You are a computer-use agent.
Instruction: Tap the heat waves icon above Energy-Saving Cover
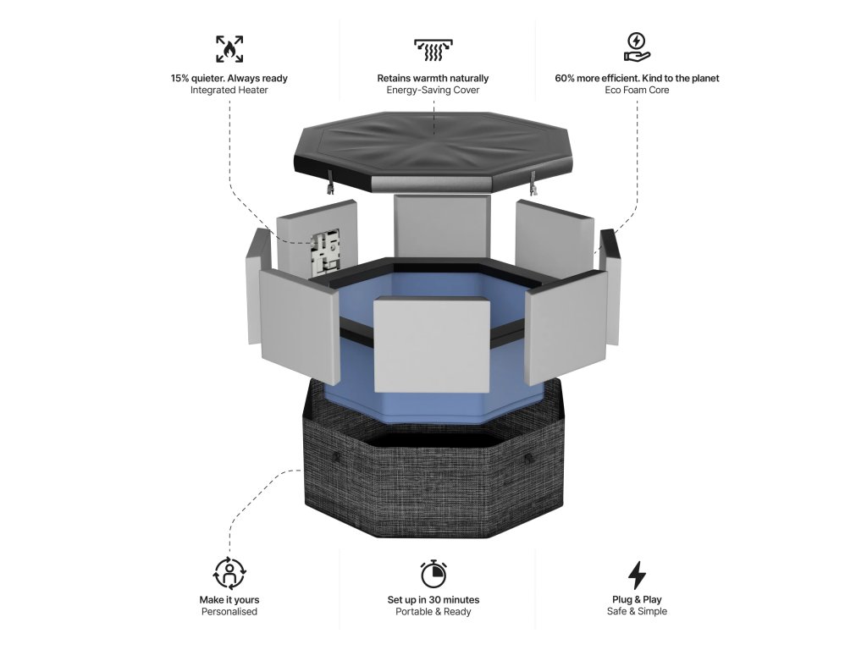click(x=433, y=49)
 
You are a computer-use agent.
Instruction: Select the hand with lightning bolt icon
click(x=637, y=47)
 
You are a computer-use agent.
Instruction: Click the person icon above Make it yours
click(x=229, y=573)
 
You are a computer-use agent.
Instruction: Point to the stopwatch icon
click(x=433, y=574)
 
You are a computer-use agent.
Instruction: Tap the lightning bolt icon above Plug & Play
click(x=637, y=575)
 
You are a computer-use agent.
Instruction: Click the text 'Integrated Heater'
click(x=229, y=90)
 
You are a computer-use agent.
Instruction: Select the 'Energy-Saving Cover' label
click(x=433, y=90)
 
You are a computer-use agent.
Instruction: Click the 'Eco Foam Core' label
click(x=637, y=90)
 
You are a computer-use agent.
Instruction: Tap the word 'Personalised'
click(x=229, y=611)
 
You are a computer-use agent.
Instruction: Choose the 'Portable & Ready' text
click(x=433, y=611)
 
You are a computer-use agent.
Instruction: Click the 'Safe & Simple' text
click(x=637, y=611)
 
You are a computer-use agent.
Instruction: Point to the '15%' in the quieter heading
click(x=180, y=79)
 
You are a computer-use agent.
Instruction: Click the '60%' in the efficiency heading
click(x=565, y=79)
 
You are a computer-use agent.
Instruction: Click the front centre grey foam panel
click(x=432, y=345)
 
